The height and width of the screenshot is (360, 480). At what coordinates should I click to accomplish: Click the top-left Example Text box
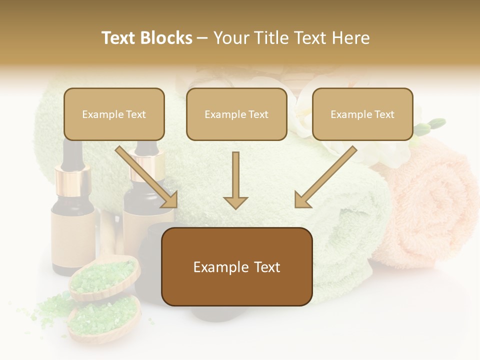coord(114,114)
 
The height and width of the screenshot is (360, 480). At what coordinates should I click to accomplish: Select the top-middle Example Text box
coord(236,114)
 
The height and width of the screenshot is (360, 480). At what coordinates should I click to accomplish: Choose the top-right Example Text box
coord(362,114)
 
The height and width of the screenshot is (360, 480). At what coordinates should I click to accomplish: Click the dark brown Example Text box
coord(236,266)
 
